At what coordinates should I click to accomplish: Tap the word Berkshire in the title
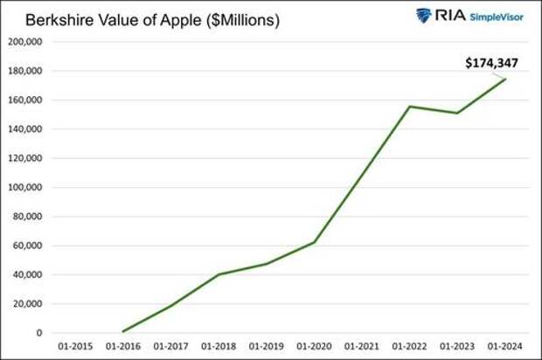point(49,20)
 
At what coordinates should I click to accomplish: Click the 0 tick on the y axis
point(39,333)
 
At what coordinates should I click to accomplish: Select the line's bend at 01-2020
point(313,242)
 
